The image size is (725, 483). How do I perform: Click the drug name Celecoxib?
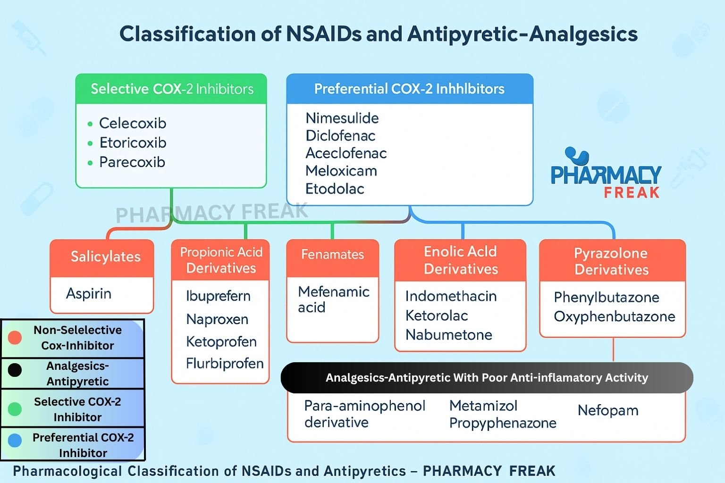point(133,123)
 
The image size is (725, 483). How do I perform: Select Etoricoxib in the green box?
point(133,142)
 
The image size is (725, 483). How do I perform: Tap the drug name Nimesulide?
point(342,118)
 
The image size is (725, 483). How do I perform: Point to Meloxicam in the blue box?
point(341,171)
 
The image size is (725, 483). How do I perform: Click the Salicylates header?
point(106,257)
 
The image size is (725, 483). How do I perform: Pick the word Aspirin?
point(89,293)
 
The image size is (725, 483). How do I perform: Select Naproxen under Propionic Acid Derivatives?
point(217,319)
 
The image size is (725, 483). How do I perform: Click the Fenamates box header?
point(333,255)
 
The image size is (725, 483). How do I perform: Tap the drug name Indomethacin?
point(451,296)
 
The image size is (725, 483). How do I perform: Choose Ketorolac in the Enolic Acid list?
point(437,316)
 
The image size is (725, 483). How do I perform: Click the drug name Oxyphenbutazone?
point(615,316)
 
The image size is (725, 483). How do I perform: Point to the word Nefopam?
point(608,410)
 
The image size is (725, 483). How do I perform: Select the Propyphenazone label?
point(503,423)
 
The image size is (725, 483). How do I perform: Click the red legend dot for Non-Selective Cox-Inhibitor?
point(15,338)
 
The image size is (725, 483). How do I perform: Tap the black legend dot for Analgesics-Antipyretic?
point(15,370)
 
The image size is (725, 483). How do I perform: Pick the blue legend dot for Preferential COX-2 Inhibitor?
point(15,441)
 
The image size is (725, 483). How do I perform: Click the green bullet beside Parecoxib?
point(90,163)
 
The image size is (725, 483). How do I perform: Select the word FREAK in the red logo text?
point(632,192)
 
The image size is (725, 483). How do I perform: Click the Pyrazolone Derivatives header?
point(612,261)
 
